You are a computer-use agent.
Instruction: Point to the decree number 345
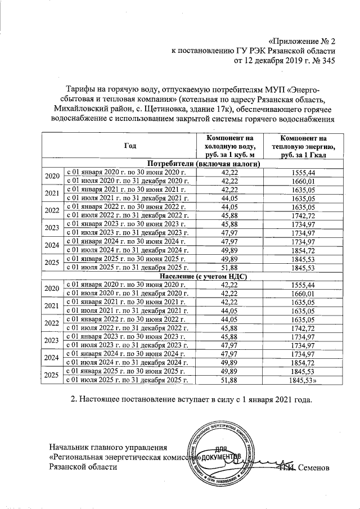coord(326,61)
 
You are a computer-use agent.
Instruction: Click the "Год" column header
coord(130,146)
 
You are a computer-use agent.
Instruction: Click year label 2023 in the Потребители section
coord(52,228)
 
